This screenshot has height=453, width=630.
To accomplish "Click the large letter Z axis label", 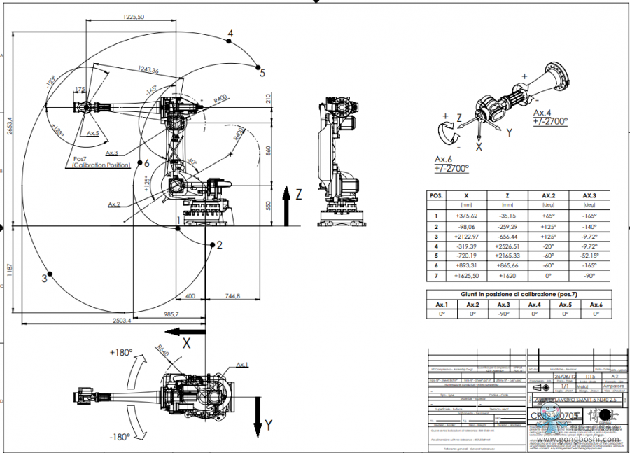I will click(299, 195).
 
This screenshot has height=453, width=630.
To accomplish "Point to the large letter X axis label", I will click(187, 343).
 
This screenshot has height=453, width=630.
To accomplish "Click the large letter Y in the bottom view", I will click(267, 424).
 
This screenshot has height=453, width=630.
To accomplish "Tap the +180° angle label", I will click(122, 352).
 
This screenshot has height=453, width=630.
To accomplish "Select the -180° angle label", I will click(120, 437).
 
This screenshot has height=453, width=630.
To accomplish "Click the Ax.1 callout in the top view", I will click(243, 365).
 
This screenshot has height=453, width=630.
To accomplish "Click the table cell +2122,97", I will click(465, 237).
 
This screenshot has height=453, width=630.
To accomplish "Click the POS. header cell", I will click(436, 195).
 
